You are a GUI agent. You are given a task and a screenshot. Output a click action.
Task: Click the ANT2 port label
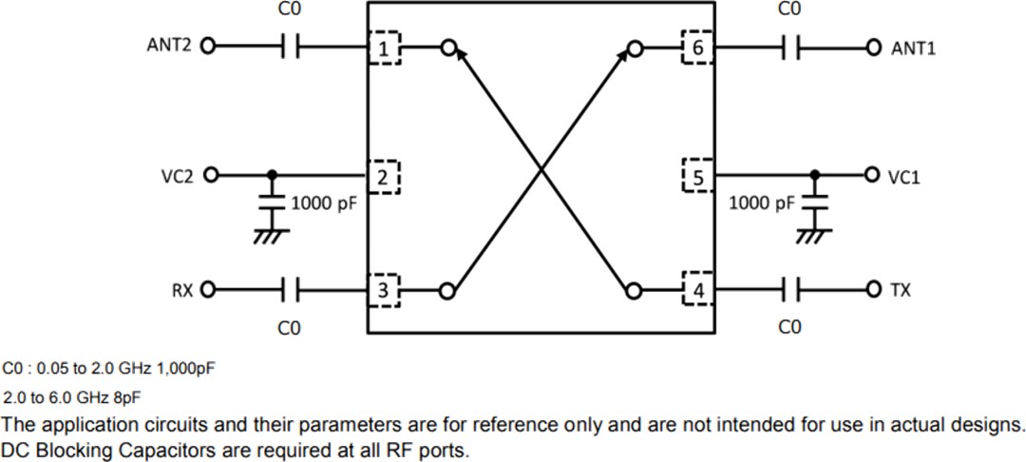click(x=169, y=46)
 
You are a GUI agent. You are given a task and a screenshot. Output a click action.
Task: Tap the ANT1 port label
click(x=913, y=48)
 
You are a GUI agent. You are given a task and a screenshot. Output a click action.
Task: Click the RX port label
click(x=180, y=289)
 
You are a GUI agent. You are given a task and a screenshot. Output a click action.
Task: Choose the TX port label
click(x=900, y=289)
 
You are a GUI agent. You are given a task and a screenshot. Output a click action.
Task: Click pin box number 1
click(x=384, y=48)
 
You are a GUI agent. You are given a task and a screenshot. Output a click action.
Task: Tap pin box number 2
click(x=384, y=175)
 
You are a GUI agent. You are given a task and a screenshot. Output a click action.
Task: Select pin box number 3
click(x=384, y=290)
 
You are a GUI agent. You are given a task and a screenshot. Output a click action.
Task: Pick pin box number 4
click(x=698, y=290)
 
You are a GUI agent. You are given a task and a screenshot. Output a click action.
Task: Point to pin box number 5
click(x=698, y=176)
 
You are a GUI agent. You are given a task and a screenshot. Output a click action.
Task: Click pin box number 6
click(x=698, y=48)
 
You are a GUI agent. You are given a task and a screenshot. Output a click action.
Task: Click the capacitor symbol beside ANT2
click(x=291, y=46)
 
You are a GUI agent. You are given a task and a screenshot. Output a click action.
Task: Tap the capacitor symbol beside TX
click(x=790, y=289)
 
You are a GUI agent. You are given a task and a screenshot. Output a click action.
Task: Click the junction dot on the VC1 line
click(x=814, y=175)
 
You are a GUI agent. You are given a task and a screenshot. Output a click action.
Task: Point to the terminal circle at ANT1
click(x=873, y=47)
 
